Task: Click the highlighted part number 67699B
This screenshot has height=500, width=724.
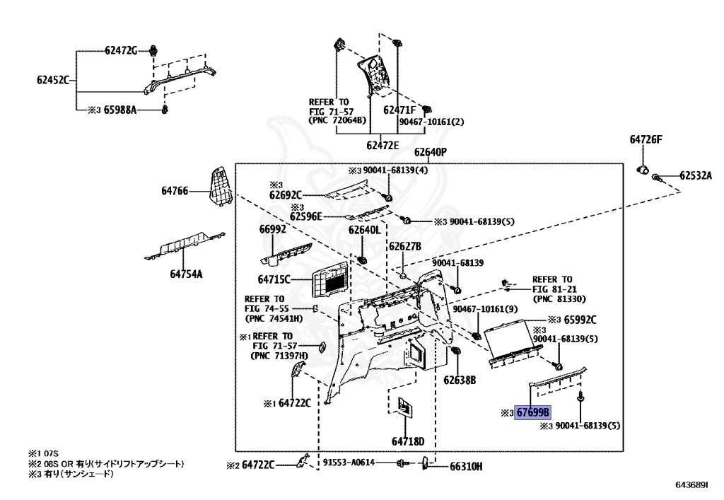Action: tap(533, 413)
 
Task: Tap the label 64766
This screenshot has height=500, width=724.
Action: tap(175, 191)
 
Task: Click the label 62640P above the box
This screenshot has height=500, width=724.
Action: tap(431, 152)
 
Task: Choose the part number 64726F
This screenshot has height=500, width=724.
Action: tap(646, 140)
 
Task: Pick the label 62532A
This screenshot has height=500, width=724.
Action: tap(696, 176)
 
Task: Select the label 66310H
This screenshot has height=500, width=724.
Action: tap(466, 466)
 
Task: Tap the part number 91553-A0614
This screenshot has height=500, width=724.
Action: tap(349, 463)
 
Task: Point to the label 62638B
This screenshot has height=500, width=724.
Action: tap(460, 380)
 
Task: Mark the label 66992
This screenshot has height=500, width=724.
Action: tap(271, 229)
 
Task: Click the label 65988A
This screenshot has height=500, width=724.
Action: tap(120, 110)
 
